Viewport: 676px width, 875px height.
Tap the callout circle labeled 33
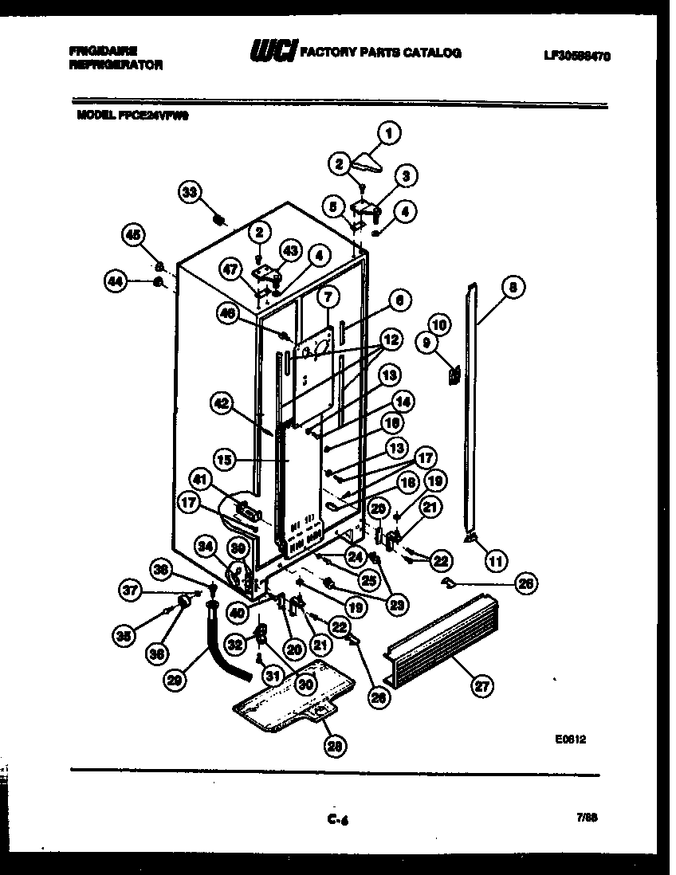tap(189, 192)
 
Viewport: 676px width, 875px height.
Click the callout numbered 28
tap(336, 745)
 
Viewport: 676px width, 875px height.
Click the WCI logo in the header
tap(273, 53)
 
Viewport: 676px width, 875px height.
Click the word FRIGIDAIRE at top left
tap(102, 49)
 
